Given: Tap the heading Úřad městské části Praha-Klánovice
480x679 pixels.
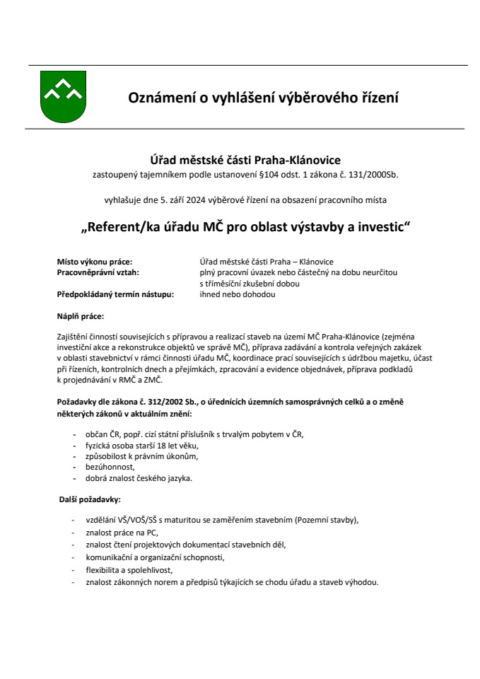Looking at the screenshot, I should click(x=240, y=161).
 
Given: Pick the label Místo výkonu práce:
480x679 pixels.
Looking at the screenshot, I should click(x=94, y=262).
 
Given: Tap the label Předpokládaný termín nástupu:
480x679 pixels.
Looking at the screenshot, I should click(x=115, y=294).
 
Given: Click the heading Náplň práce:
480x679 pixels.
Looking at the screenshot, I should click(x=81, y=316).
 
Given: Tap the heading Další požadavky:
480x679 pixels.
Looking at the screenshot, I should click(x=90, y=500).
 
